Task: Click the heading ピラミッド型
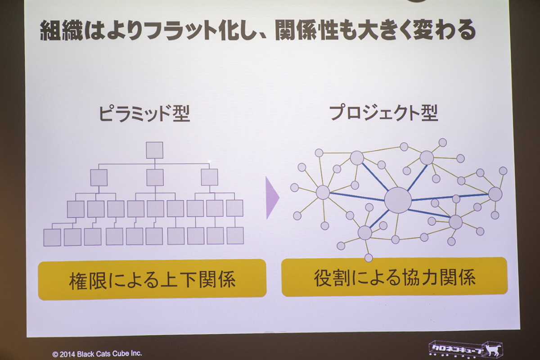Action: click(144, 113)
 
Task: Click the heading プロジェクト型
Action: click(383, 113)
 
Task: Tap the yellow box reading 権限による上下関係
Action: click(152, 279)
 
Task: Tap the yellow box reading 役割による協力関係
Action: click(395, 277)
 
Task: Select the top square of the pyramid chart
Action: click(154, 150)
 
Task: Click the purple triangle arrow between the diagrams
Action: click(272, 198)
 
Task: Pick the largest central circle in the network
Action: click(398, 200)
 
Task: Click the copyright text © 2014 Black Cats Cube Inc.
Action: click(97, 354)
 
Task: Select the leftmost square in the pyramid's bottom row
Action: click(52, 238)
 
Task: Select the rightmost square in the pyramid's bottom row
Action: click(235, 236)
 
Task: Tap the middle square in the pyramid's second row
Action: click(155, 177)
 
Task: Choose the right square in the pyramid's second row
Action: click(210, 177)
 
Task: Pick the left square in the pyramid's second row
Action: click(99, 178)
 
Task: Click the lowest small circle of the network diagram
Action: click(369, 257)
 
